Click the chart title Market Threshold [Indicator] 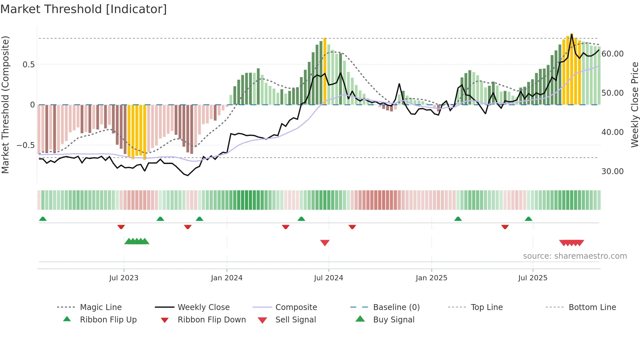click(84, 9)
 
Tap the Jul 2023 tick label click(124, 278)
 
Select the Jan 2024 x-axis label click(227, 278)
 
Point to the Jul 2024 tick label click(328, 278)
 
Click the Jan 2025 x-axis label click(431, 278)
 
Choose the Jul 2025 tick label click(533, 278)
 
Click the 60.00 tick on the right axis click(613, 54)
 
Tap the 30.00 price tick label click(613, 172)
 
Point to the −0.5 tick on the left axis click(25, 145)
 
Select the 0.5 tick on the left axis click(29, 65)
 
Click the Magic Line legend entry click(101, 307)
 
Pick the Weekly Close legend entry click(203, 307)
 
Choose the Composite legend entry click(296, 307)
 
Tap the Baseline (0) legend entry click(396, 307)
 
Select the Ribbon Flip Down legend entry click(212, 320)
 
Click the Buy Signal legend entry click(393, 320)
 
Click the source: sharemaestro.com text click(575, 256)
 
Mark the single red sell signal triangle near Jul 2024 click(325, 243)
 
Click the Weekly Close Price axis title click(634, 105)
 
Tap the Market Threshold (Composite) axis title click(5, 105)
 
